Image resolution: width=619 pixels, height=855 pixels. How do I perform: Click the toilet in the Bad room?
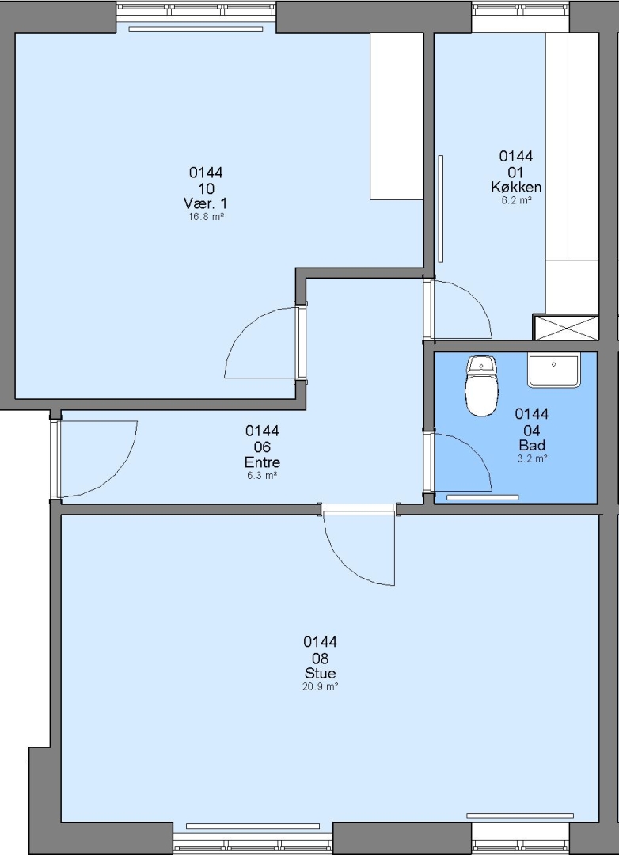point(481,386)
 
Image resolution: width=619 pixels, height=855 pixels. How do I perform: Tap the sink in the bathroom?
point(554,370)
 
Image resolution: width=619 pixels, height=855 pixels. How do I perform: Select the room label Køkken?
point(516,188)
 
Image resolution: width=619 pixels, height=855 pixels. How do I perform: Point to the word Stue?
point(320,673)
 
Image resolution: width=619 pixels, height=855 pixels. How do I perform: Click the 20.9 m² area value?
point(320,686)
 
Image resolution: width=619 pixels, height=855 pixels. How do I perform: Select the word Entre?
point(262,462)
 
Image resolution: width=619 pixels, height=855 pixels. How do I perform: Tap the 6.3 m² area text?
point(262,476)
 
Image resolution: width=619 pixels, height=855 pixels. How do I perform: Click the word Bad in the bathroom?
point(532,445)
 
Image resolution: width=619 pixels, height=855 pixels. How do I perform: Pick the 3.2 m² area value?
point(532,458)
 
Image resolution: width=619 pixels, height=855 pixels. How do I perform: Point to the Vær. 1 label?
point(206,203)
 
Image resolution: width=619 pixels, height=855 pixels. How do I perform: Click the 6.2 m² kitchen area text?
point(516,200)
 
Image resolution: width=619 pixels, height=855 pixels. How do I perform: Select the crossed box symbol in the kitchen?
point(565,327)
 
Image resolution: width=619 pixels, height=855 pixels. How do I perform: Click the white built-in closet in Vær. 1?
point(397,116)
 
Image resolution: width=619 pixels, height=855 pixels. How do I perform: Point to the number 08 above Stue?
point(320,658)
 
